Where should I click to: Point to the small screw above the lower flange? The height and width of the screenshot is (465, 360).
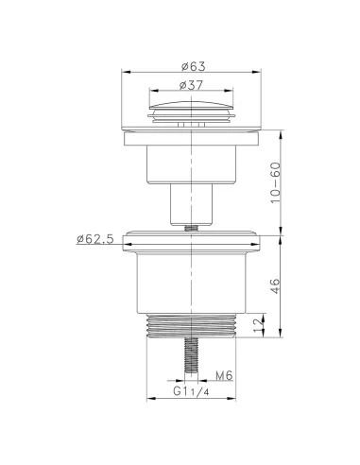[191, 226]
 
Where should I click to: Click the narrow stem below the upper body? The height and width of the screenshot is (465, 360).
[191, 203]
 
